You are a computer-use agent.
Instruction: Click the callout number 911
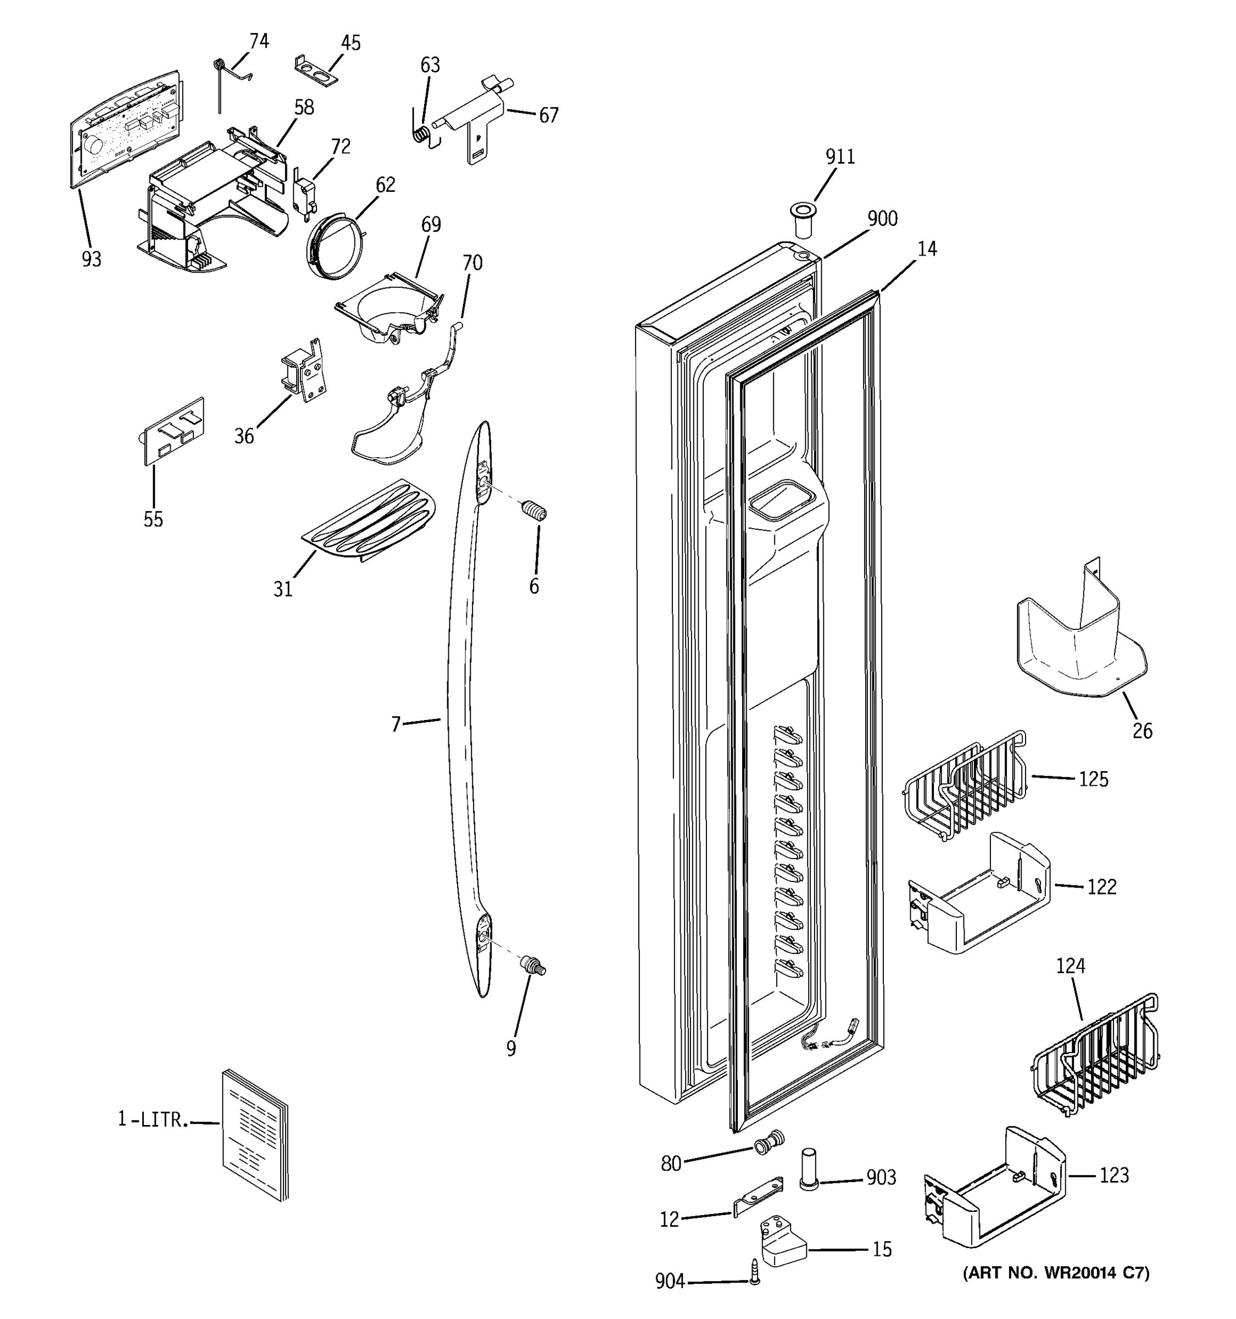coord(840,157)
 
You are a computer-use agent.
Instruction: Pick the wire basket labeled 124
coord(1095,1060)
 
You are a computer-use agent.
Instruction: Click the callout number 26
coord(1142,731)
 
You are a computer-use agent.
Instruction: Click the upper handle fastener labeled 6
coord(535,512)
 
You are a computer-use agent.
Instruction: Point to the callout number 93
coord(92,259)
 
